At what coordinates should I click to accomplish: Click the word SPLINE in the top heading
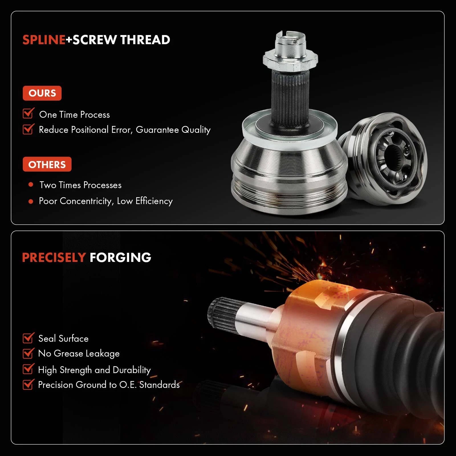[x=44, y=40]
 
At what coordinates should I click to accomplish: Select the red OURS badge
[x=42, y=93]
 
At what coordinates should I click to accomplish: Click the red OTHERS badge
[x=47, y=164]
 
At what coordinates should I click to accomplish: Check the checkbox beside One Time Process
[x=28, y=113]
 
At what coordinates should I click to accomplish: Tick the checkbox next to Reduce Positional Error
[x=28, y=129]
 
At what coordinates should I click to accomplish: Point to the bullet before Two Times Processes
[x=31, y=185]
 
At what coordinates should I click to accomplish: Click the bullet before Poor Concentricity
[x=31, y=201]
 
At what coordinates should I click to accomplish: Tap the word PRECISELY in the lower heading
[x=54, y=258]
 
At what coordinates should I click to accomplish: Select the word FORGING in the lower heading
[x=120, y=258]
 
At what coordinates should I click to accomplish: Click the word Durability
[x=132, y=370]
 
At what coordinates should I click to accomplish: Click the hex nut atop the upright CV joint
[x=290, y=60]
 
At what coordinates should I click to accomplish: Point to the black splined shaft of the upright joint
[x=290, y=97]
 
